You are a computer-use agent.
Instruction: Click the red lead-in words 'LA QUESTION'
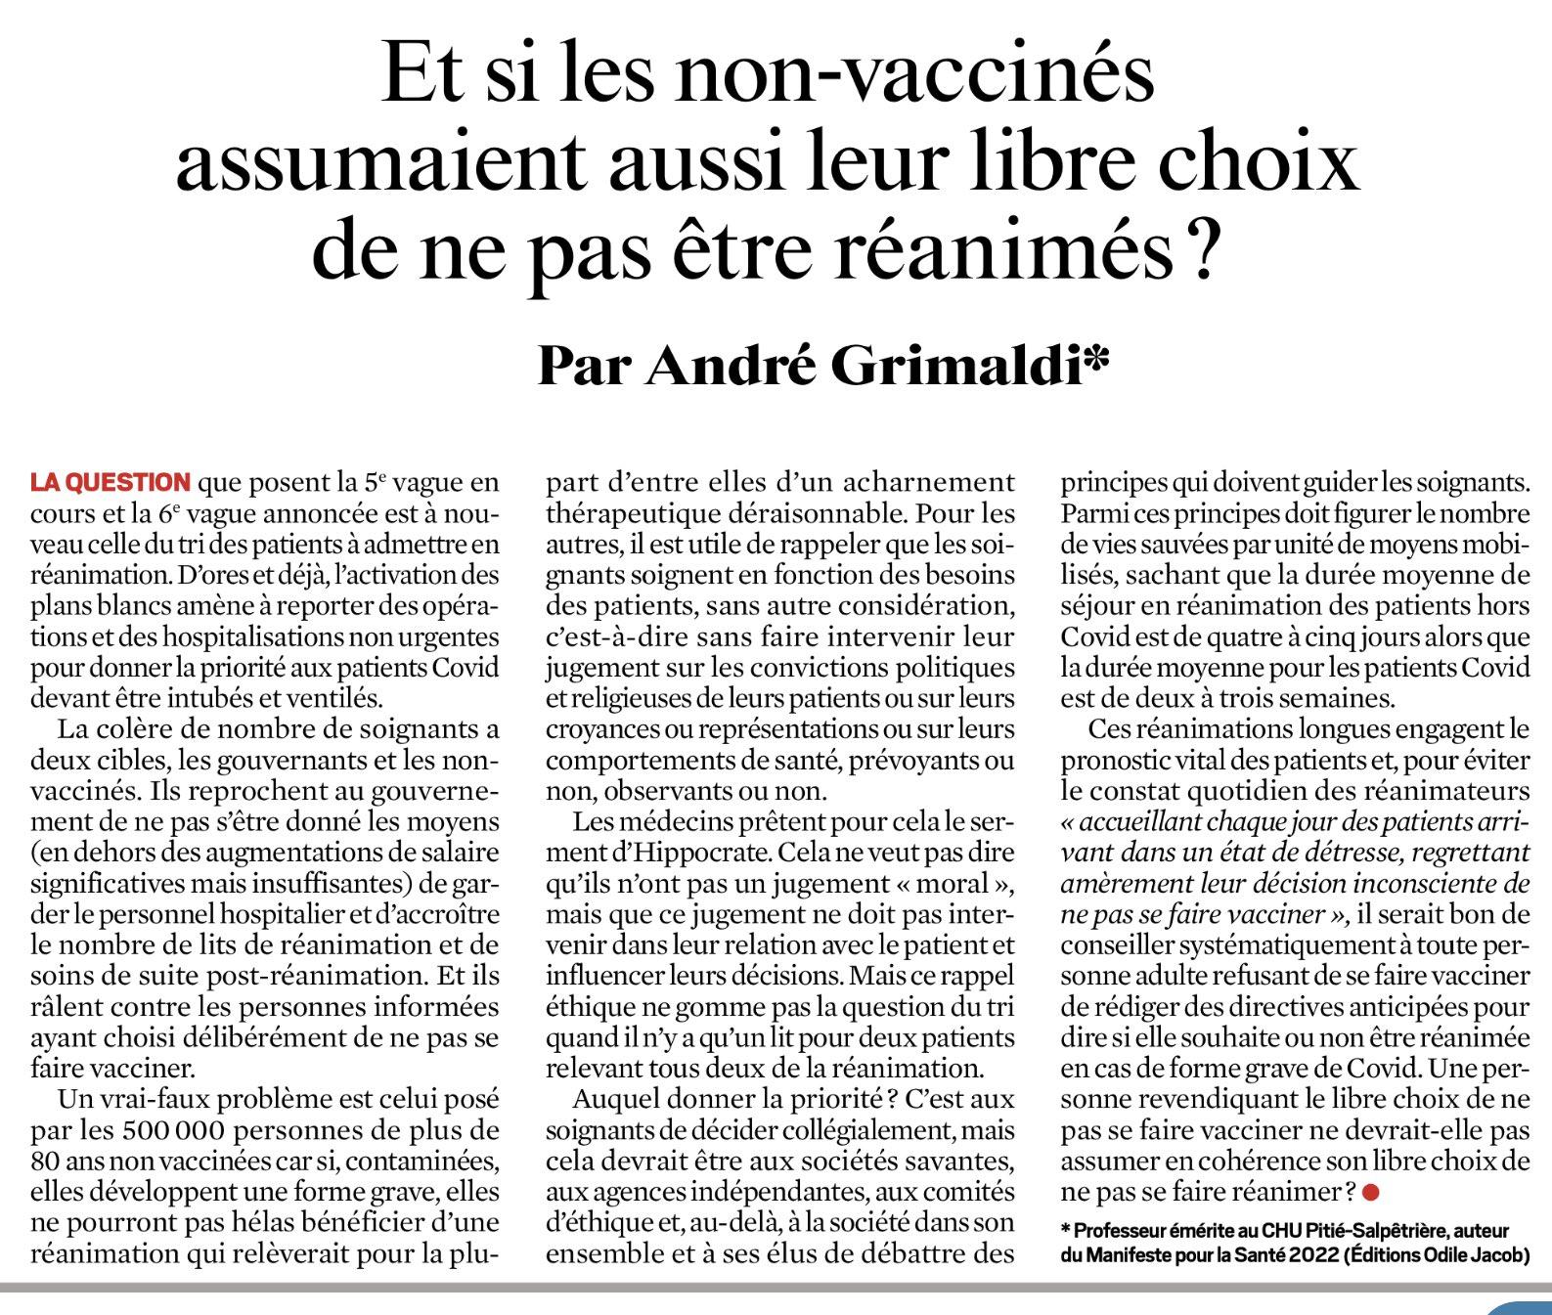coord(111,482)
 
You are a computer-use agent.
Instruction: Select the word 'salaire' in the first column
coord(459,852)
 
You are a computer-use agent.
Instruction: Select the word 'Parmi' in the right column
coord(1089,513)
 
